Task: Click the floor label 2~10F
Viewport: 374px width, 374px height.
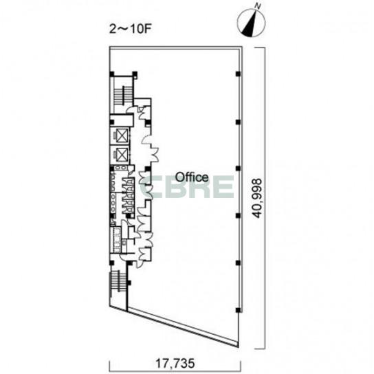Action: coord(131,29)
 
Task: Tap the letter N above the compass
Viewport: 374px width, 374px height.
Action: coord(257,6)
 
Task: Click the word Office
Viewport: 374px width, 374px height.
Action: coord(192,177)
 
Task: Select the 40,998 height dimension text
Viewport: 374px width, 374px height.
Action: coord(257,198)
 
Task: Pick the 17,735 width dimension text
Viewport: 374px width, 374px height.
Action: coord(175,364)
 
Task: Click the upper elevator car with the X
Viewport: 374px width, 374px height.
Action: coord(122,135)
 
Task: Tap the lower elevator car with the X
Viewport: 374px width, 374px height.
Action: coord(122,155)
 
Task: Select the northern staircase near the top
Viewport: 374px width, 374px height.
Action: coord(123,96)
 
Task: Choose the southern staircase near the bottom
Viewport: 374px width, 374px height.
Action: coord(118,280)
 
